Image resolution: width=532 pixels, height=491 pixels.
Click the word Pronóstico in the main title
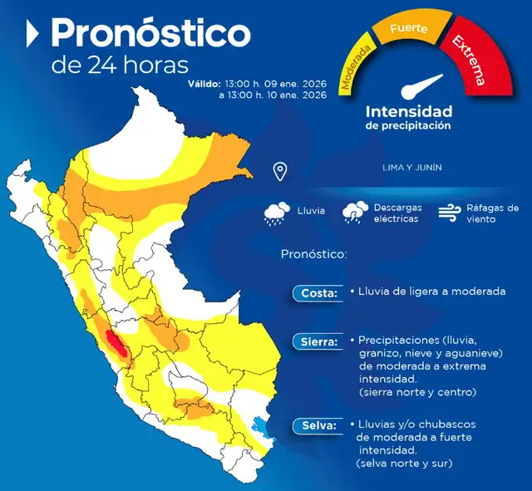pos(150,33)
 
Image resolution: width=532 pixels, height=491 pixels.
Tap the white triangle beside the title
pos(33,34)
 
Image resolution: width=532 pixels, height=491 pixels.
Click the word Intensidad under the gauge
pos(408,110)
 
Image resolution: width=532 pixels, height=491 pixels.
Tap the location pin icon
pos(280,172)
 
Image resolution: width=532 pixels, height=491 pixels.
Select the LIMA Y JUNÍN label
pos(411,167)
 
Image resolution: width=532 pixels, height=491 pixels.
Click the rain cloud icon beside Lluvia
pos(277,214)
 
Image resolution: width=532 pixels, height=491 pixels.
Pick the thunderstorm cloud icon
pos(356,213)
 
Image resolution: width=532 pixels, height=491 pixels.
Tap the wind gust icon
pos(450,213)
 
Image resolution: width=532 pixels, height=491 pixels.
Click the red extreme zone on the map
pos(115,343)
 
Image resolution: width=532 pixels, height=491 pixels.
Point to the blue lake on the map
pos(265,427)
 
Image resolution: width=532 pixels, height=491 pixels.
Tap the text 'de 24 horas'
pos(120,65)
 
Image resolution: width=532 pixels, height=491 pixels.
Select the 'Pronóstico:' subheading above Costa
pos(313,253)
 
